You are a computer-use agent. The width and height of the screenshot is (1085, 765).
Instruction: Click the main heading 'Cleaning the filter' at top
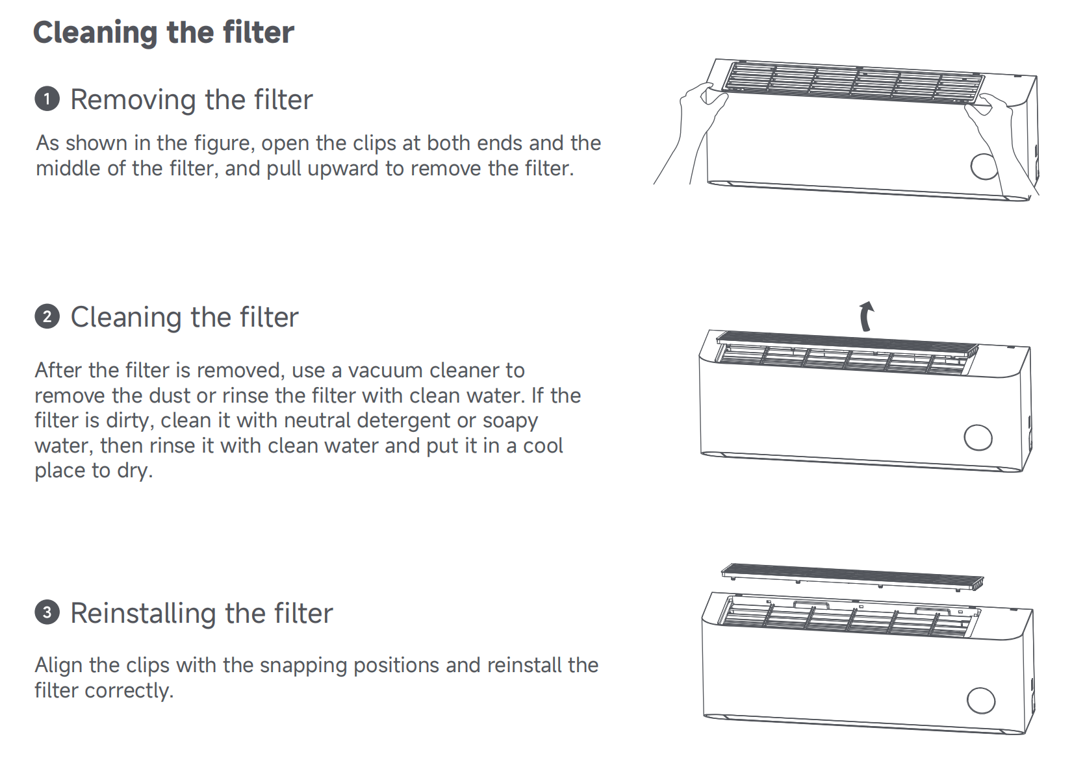click(x=163, y=32)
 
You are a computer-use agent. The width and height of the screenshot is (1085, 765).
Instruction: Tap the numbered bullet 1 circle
click(x=47, y=99)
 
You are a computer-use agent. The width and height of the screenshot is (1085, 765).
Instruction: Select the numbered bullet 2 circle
click(x=47, y=317)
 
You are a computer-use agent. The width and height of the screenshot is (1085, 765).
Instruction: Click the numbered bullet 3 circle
click(x=47, y=612)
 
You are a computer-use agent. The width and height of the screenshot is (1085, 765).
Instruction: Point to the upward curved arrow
click(x=866, y=316)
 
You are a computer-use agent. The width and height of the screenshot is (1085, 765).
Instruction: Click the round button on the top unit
click(x=984, y=166)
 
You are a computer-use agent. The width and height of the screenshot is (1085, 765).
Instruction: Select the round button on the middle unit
click(x=978, y=437)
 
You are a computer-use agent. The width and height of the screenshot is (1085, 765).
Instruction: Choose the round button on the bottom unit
click(x=980, y=701)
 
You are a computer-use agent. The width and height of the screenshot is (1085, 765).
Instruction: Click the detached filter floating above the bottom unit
click(x=852, y=576)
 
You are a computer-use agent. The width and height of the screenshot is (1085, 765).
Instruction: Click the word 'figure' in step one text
click(x=223, y=144)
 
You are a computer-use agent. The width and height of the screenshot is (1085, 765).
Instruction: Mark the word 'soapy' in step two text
click(x=510, y=421)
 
